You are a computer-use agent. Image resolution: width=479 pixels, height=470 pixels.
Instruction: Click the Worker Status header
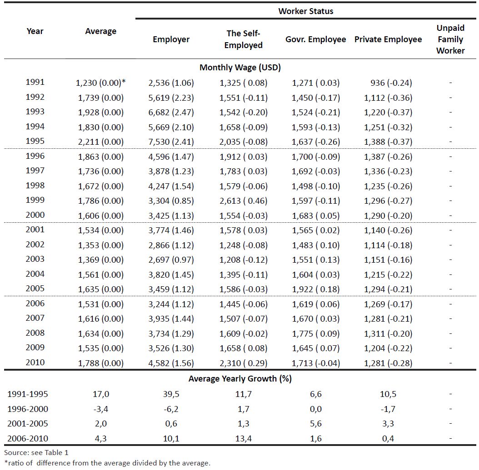pos(305,11)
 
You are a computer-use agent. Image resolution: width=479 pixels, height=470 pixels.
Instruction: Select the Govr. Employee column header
pos(315,39)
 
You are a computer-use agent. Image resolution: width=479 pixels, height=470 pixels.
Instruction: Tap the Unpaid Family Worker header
pos(450,39)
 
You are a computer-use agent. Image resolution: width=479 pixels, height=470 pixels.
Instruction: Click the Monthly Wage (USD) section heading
pos(240,68)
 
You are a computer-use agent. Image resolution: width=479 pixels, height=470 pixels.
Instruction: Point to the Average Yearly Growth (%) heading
pos(240,378)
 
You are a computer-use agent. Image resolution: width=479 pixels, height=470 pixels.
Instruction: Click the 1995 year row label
pos(35,141)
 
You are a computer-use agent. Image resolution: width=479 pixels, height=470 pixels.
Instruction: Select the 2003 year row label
pos(35,259)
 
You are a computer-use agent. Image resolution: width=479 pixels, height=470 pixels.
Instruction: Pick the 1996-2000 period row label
pos(27,409)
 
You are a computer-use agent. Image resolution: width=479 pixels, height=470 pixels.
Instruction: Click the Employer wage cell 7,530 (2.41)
pos(171,142)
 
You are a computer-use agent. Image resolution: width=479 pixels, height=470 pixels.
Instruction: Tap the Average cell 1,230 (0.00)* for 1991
pos(100,83)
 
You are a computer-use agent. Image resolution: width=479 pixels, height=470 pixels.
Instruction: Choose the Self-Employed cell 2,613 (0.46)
pos(244,201)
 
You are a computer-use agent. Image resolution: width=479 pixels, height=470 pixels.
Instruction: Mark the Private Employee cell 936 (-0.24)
pos(391,83)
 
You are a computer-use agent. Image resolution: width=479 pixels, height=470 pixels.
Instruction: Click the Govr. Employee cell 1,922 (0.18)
pos(315,289)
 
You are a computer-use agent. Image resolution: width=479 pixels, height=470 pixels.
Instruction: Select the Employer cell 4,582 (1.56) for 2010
pos(171,363)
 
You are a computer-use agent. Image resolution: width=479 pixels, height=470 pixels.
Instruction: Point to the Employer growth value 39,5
pos(171,394)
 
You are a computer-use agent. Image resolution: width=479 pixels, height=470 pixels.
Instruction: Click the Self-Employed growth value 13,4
pos(244,439)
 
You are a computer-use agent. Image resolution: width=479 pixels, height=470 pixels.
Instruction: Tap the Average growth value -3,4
pos(100,409)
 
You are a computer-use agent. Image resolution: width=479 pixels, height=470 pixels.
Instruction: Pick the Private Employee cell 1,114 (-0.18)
pos(388,245)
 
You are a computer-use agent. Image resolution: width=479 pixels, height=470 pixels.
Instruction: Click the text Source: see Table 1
pos(36,453)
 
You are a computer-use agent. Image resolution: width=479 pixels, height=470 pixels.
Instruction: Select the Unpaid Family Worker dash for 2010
pos(450,363)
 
